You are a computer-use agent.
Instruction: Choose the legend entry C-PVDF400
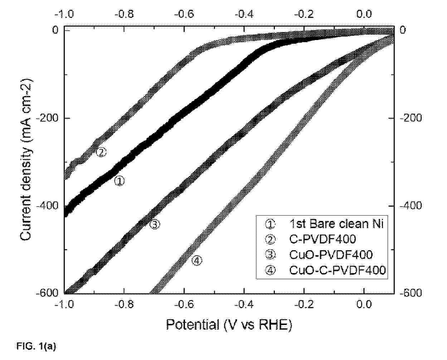coord(322,239)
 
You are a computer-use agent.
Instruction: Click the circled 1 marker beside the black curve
coord(119,181)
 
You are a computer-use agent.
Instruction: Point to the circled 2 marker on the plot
coord(101,152)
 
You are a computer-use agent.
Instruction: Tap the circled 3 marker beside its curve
coord(155,225)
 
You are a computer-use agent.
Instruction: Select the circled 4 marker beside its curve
coord(197,261)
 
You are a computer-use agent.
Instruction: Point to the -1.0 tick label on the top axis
coord(64,14)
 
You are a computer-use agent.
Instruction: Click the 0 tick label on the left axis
coord(55,30)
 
